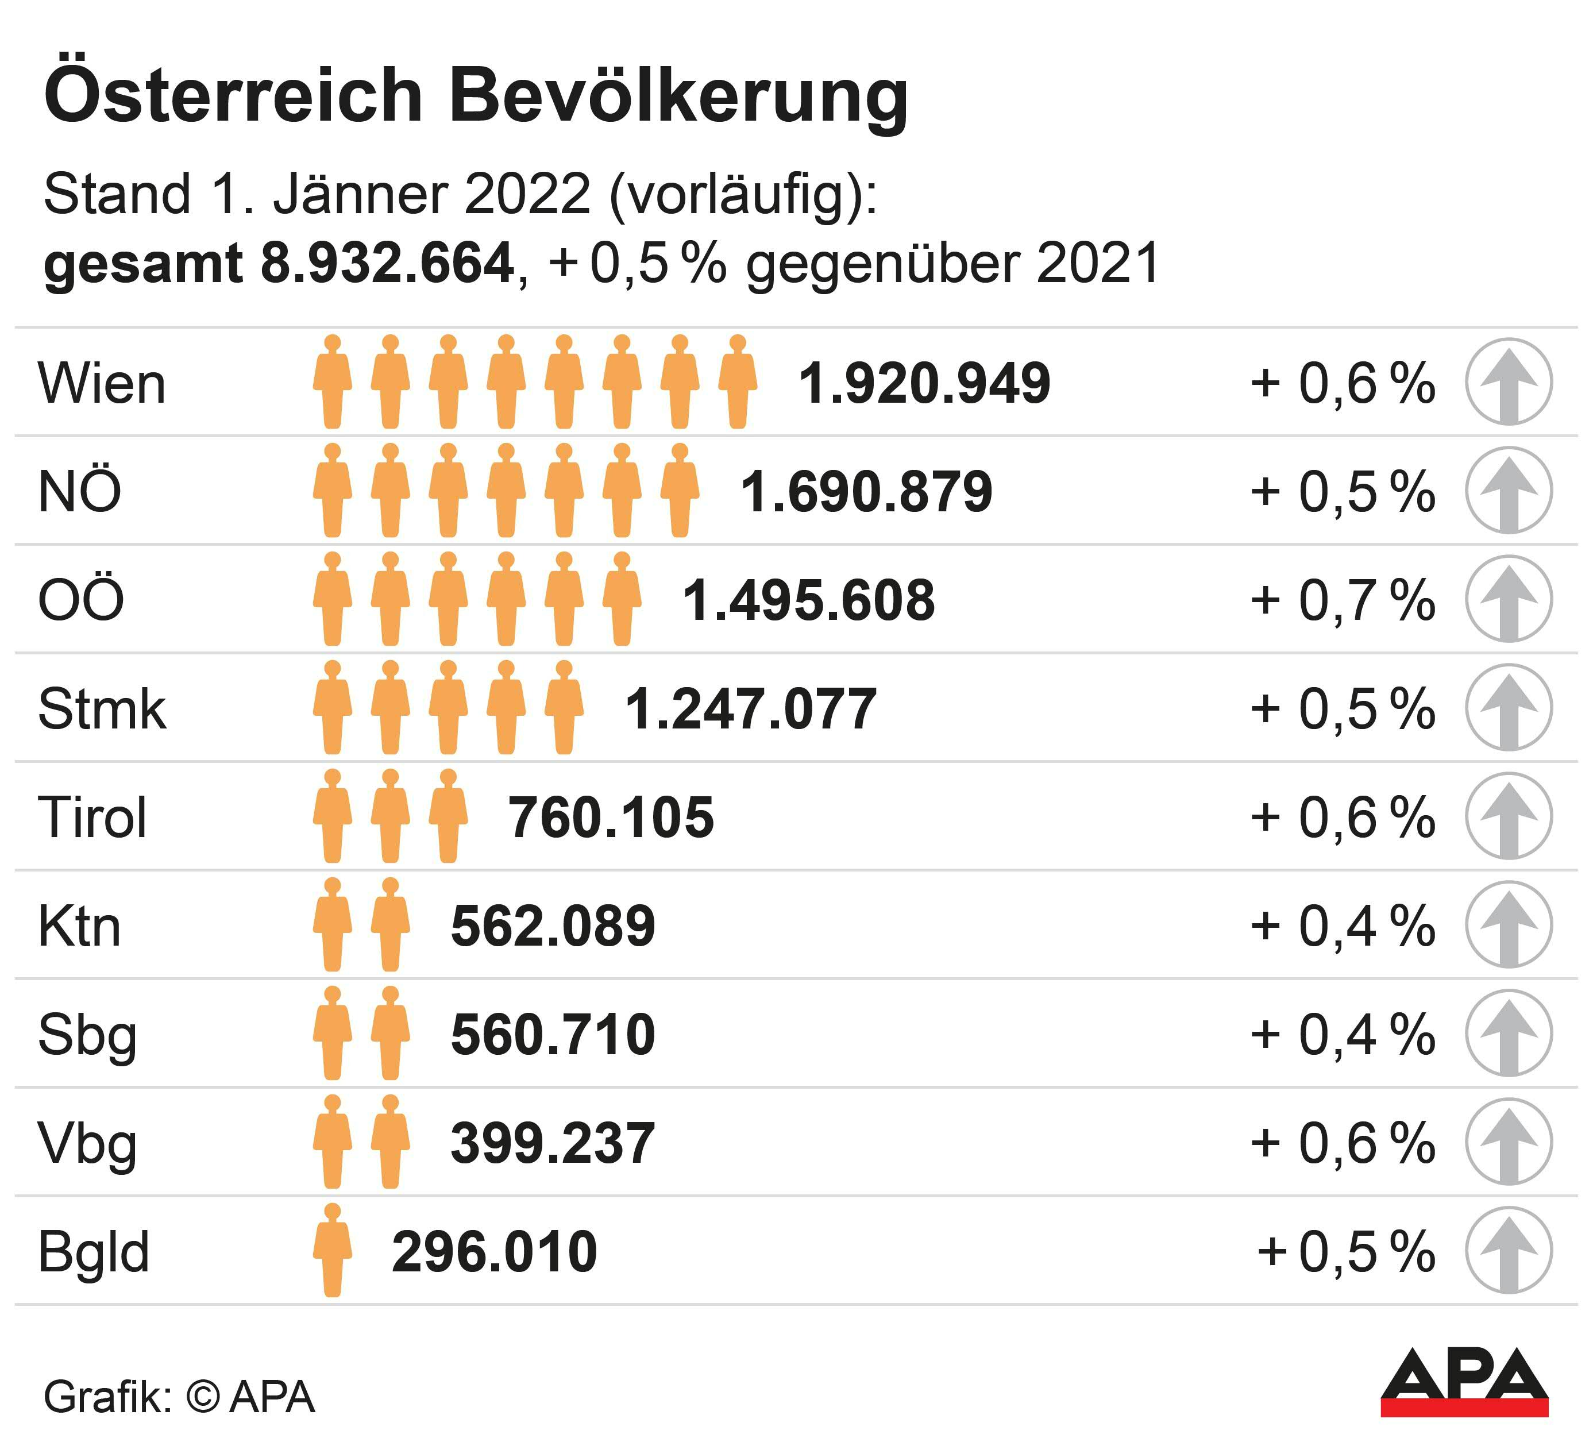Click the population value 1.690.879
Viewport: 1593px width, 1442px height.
[866, 492]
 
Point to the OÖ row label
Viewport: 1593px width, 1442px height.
[80, 600]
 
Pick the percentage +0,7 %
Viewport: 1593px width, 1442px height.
[1343, 600]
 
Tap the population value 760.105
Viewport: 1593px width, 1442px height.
[611, 818]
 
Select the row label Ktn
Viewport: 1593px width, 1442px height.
[80, 926]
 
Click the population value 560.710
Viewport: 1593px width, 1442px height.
[553, 1035]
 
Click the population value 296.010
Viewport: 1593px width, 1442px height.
[495, 1252]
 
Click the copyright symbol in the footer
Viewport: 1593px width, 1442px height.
[203, 1397]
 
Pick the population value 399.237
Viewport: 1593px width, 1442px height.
[553, 1143]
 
